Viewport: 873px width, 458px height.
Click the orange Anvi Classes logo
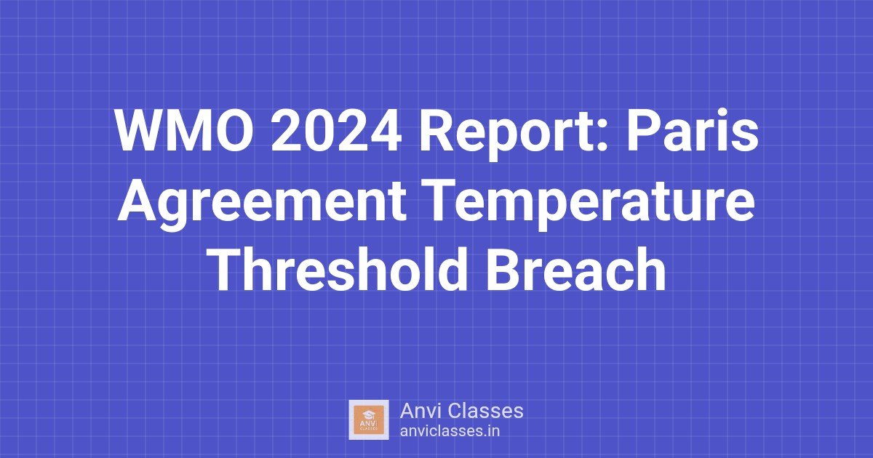(369, 419)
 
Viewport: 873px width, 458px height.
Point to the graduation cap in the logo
(369, 414)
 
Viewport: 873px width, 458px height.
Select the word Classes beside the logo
(485, 411)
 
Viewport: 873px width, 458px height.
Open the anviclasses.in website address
(449, 430)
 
